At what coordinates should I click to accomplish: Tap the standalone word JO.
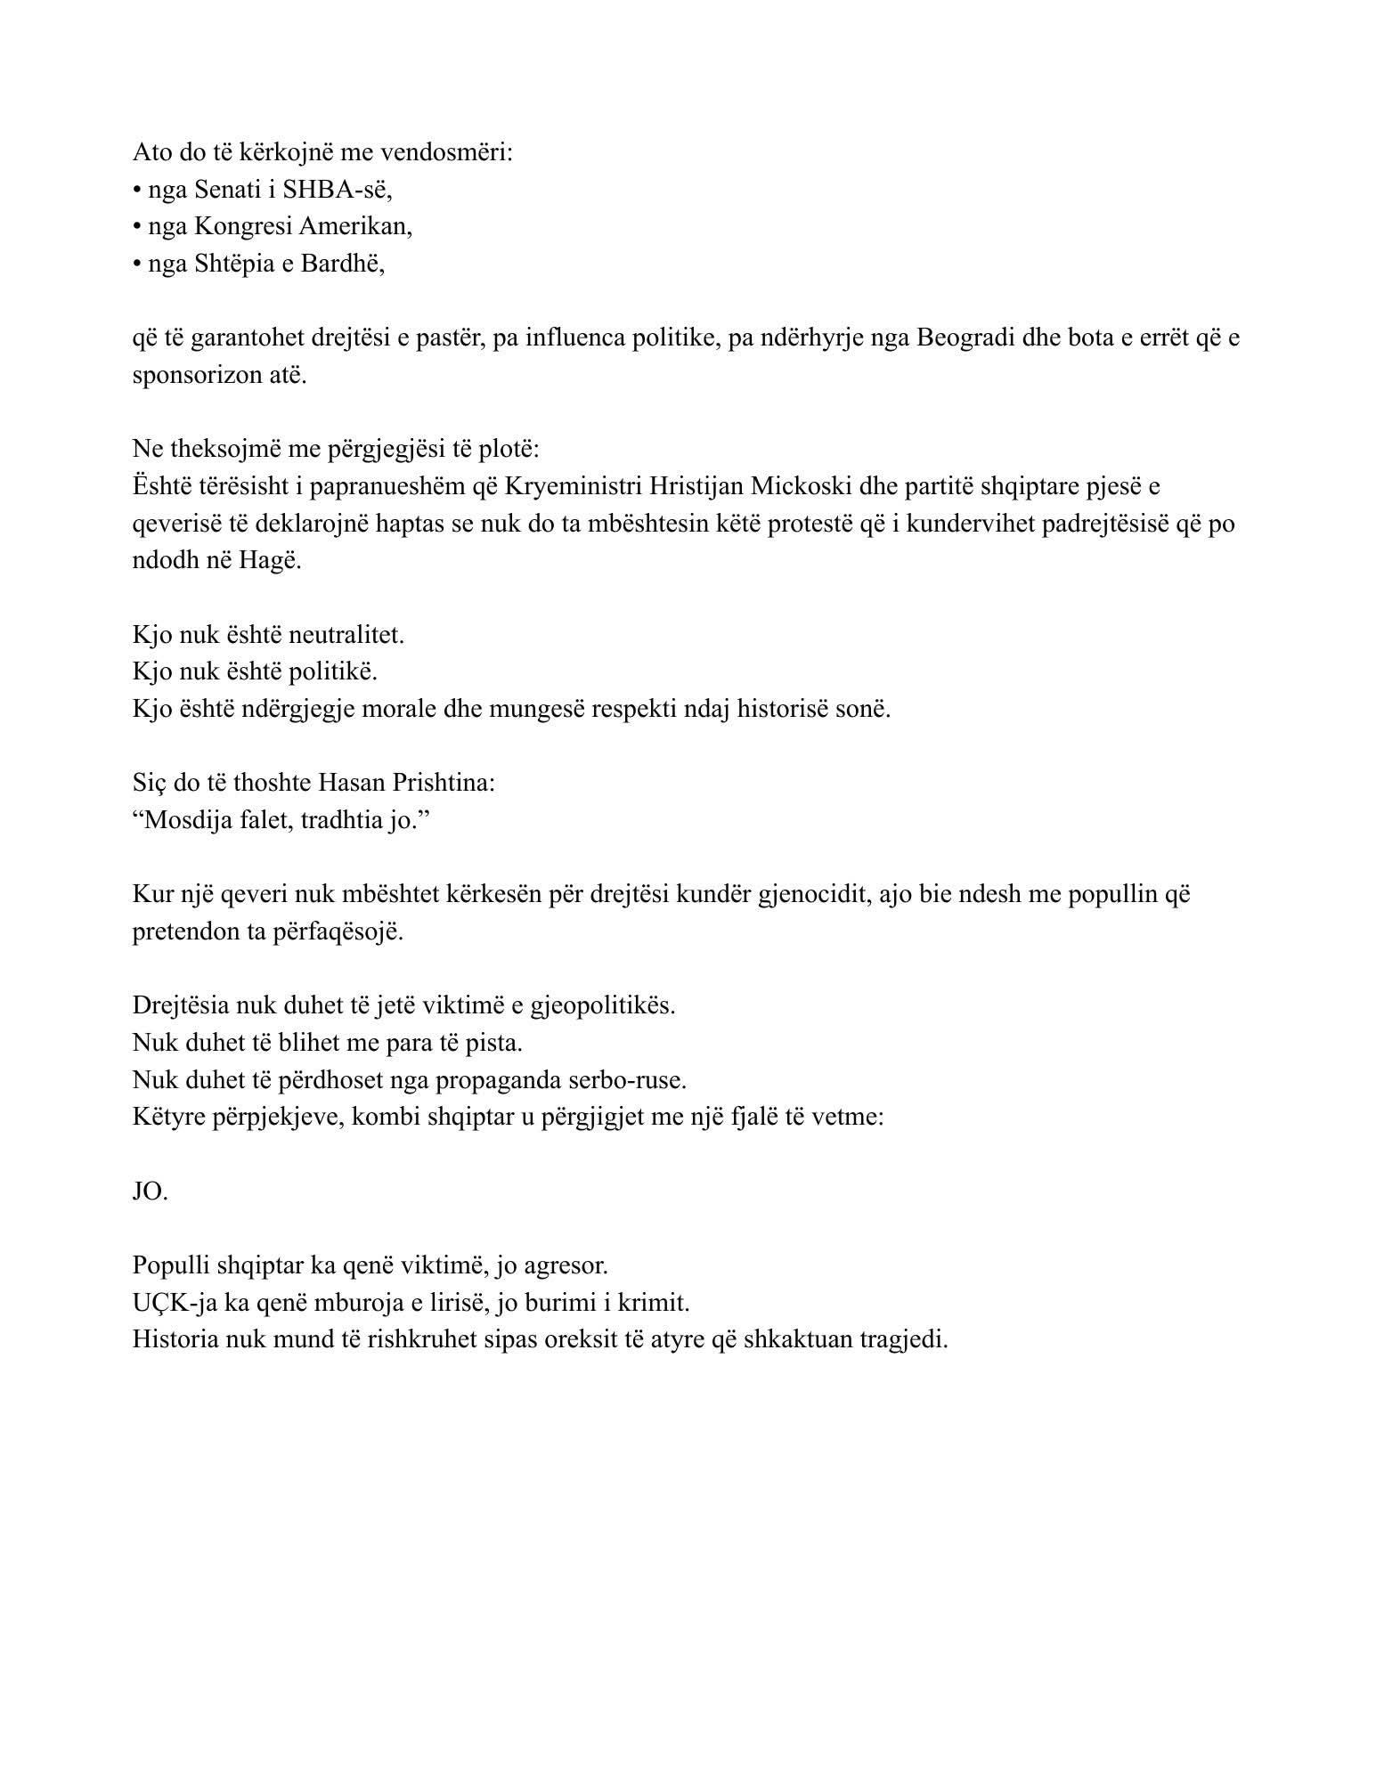coord(150,1191)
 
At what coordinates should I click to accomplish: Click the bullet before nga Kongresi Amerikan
coord(137,227)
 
